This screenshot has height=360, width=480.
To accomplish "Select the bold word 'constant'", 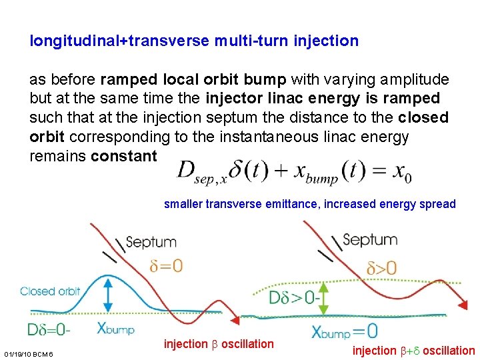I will [x=123, y=157].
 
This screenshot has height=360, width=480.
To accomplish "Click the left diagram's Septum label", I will [x=151, y=242].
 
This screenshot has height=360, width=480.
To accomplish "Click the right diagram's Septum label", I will [x=369, y=240].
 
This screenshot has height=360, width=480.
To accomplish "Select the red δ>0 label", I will [x=381, y=269].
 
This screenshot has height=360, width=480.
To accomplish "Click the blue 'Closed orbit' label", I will [x=50, y=291].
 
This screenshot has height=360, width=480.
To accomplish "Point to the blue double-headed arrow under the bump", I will [x=109, y=293].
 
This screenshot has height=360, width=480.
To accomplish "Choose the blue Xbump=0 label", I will [x=345, y=330].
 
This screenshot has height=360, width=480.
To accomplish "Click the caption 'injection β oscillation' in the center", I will [x=219, y=344].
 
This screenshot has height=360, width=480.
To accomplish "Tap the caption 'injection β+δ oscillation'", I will [x=414, y=351].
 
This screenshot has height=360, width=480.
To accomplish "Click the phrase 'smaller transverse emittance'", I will [x=241, y=204].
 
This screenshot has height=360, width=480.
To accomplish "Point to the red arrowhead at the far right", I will [x=462, y=305].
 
